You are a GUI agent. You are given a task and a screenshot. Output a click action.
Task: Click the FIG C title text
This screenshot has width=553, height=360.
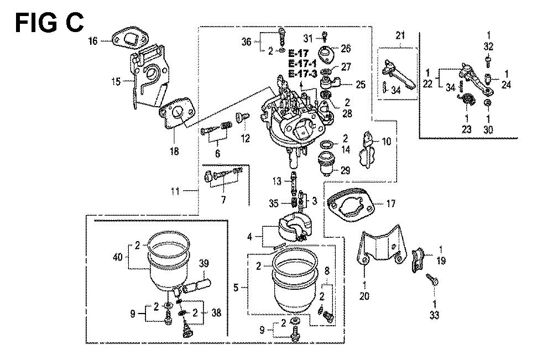[x=49, y=23]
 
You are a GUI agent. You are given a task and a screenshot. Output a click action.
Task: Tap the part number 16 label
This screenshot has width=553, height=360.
[x=92, y=40]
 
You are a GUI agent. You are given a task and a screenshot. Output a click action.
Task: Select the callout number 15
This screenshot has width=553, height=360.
[x=116, y=81]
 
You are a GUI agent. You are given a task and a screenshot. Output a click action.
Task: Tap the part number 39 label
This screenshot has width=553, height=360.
[x=204, y=263]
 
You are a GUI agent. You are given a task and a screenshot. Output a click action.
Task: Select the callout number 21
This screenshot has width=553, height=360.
[x=400, y=36]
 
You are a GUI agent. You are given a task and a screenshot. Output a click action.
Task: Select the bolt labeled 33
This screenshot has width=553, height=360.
[x=433, y=283]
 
